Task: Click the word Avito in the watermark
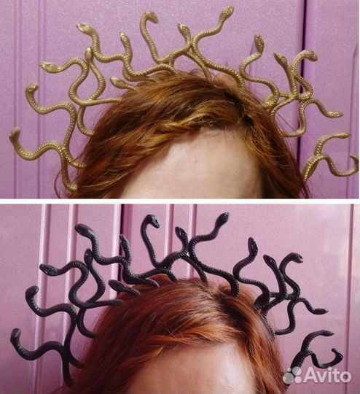click(327, 376)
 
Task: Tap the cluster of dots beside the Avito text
click(292, 376)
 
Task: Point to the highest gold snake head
click(228, 11)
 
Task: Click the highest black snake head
click(223, 217)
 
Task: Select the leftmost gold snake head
click(15, 134)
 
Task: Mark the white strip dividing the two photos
click(180, 201)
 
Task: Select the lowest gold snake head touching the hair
click(117, 82)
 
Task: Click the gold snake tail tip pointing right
click(340, 115)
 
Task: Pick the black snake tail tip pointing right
click(325, 312)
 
